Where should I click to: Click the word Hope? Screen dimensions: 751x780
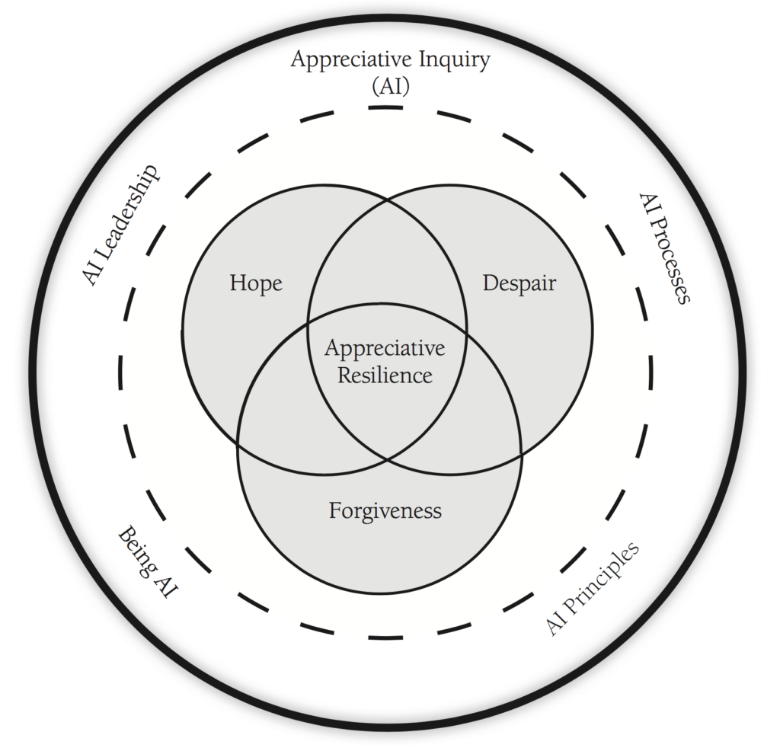point(256,284)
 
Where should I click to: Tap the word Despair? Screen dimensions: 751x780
point(519,284)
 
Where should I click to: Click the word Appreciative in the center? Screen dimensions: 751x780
point(385,349)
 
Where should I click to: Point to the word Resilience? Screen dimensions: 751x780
point(385,375)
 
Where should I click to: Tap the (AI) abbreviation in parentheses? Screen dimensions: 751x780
point(390,86)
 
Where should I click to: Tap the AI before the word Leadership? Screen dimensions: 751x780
point(94,272)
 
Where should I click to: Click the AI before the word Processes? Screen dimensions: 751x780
point(647,206)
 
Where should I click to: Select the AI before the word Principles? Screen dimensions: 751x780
point(558,624)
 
